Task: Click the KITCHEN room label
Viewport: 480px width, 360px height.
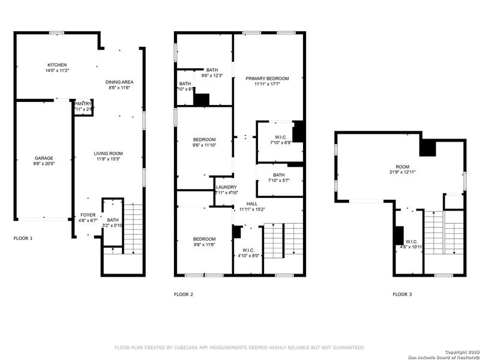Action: click(58, 65)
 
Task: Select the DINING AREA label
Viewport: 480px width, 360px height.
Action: click(119, 82)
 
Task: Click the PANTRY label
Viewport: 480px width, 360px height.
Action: click(83, 104)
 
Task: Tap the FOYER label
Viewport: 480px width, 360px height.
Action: click(88, 215)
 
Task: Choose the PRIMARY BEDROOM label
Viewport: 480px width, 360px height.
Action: click(267, 79)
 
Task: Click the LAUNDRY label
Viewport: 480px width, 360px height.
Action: click(226, 187)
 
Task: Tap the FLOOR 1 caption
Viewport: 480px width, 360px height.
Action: click(23, 239)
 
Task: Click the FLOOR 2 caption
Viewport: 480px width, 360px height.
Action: click(184, 295)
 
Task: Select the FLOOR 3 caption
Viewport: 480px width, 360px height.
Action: click(403, 295)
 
